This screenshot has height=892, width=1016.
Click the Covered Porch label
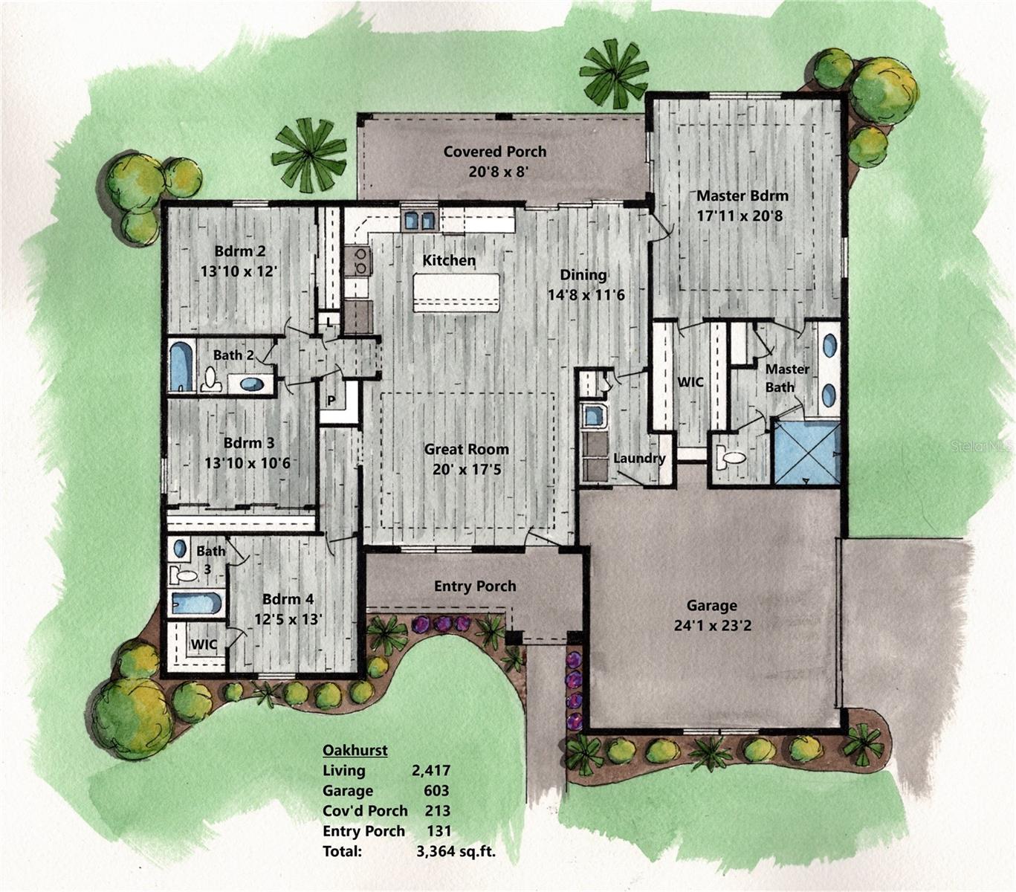click(494, 152)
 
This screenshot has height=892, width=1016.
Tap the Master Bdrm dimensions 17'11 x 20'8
click(740, 216)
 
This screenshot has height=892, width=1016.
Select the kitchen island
click(456, 293)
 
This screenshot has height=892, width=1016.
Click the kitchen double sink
click(419, 221)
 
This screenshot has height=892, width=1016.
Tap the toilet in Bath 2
click(212, 380)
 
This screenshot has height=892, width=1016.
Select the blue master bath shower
click(806, 453)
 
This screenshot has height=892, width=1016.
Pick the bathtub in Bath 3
click(196, 603)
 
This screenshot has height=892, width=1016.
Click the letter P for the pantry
click(331, 401)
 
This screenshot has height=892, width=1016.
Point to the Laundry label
click(639, 459)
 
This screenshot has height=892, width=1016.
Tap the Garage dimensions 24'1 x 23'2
click(711, 626)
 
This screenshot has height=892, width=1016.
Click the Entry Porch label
click(475, 586)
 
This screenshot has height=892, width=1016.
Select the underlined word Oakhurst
click(355, 751)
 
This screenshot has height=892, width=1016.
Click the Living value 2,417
click(431, 771)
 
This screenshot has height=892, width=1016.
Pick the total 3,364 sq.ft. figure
click(456, 851)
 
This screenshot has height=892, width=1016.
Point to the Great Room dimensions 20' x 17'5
click(467, 470)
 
